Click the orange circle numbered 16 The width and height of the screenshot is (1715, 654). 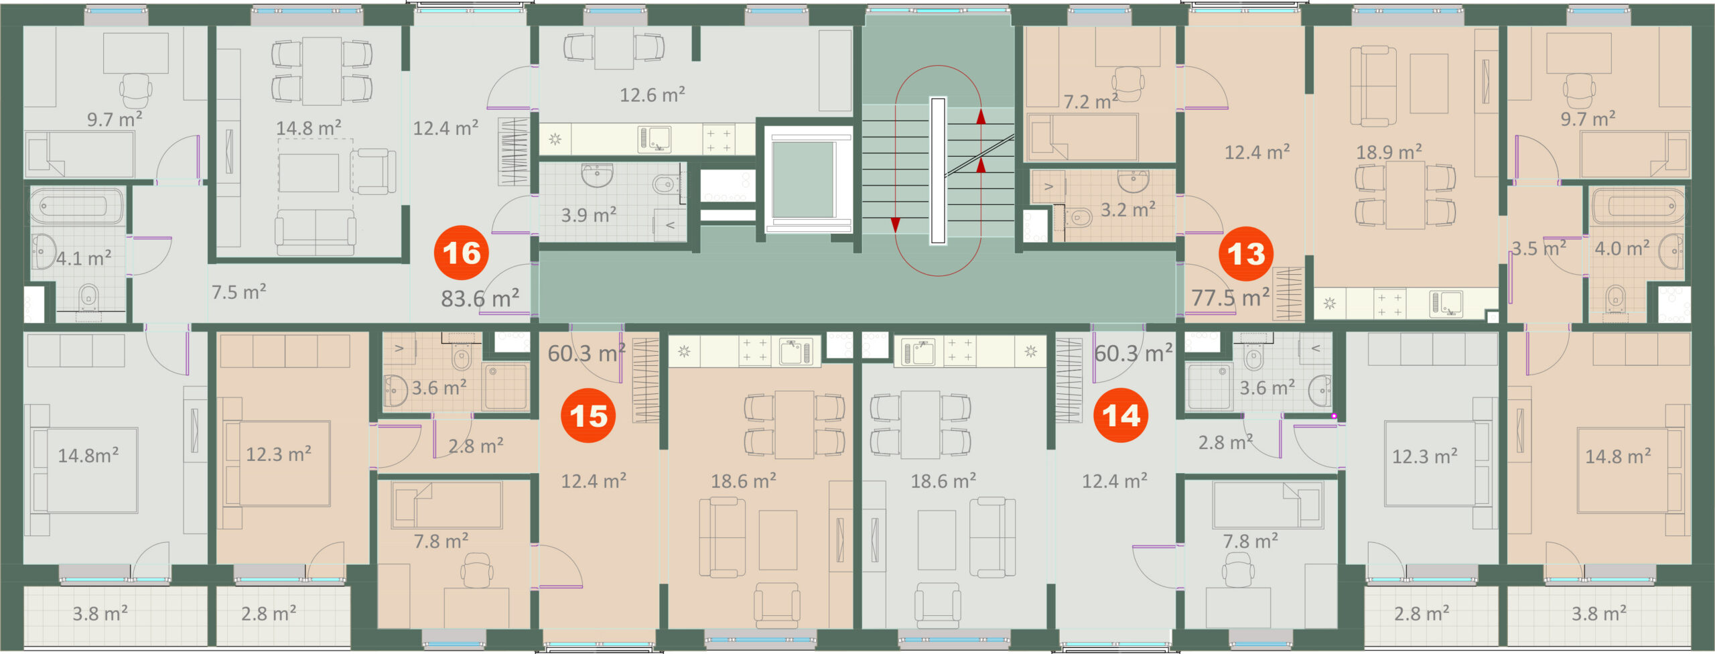pos(462,253)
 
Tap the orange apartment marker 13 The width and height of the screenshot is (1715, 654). pos(1245,253)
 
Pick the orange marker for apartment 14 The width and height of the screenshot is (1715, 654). pos(1121,415)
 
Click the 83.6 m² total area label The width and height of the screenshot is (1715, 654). pos(480,298)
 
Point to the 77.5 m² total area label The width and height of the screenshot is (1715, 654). pos(1230,297)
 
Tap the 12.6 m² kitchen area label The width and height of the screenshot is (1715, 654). pos(652,94)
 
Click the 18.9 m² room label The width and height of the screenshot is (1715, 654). pos(1389,152)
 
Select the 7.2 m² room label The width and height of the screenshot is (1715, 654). pos(1091,101)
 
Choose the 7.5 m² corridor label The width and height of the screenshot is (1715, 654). pos(238,292)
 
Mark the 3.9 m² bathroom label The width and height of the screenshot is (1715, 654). pos(588,215)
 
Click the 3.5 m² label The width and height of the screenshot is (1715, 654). pos(1538,248)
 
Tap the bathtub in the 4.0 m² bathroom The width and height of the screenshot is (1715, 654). pos(1638,206)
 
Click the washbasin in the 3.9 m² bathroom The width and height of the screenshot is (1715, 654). pos(596,176)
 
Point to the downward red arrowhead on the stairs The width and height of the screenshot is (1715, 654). pos(896,225)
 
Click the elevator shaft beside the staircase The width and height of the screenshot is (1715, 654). pos(807,180)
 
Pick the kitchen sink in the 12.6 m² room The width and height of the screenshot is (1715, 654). pos(655,139)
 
